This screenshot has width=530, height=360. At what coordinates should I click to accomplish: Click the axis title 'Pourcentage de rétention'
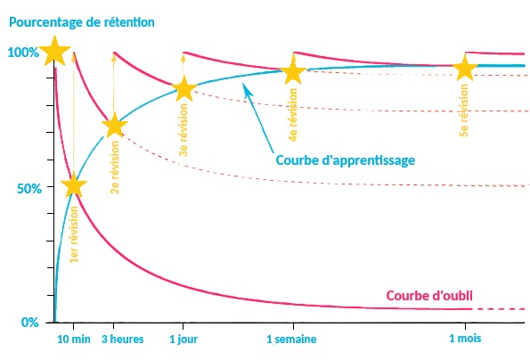[82, 22]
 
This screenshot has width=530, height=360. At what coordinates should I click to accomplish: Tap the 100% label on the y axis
[22, 53]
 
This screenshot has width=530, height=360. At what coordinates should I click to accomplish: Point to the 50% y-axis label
[29, 189]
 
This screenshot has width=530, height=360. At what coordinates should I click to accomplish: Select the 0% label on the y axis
[30, 323]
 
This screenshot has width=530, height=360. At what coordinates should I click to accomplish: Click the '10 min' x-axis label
[74, 339]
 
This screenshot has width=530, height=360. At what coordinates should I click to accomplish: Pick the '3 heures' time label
[122, 339]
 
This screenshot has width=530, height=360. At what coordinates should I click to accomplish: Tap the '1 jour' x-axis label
[183, 339]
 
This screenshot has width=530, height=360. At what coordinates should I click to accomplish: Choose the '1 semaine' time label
[291, 339]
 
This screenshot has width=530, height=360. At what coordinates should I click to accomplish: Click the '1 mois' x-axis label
[465, 338]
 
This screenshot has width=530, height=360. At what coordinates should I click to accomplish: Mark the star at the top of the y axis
[54, 51]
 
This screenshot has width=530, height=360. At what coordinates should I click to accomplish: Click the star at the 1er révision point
[74, 185]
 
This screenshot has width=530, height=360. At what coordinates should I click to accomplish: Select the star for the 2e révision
[115, 126]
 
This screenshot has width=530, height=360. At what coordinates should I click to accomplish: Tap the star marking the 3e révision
[183, 89]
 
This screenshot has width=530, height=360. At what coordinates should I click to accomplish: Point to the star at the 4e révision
[293, 70]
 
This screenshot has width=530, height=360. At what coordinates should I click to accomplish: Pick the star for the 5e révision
[465, 68]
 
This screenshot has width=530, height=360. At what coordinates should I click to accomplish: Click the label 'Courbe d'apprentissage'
[346, 160]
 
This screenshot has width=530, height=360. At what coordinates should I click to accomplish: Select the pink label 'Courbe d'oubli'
[429, 296]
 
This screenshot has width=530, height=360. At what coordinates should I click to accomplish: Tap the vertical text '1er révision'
[74, 234]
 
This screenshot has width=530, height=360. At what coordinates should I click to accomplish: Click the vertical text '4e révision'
[293, 115]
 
